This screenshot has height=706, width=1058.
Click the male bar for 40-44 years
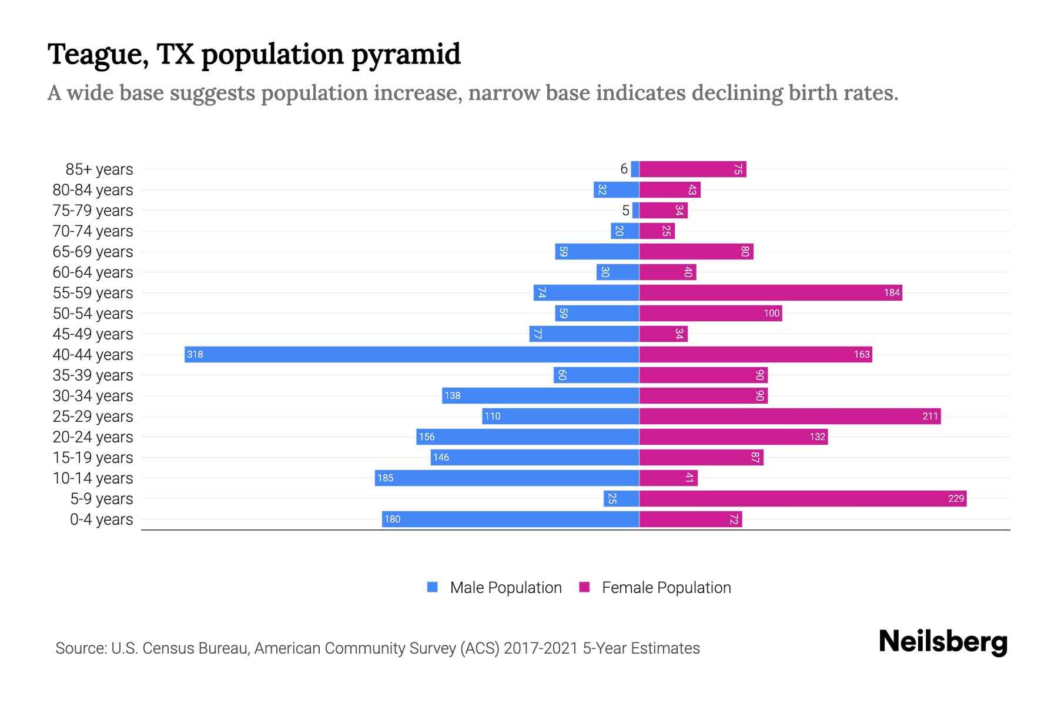coord(411,354)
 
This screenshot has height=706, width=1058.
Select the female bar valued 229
coord(802,498)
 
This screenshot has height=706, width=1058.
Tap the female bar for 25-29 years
coord(789,416)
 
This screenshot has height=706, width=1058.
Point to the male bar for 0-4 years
coord(510,519)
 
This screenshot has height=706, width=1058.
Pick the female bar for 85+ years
coord(692,169)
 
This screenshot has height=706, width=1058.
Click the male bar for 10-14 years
coord(507,478)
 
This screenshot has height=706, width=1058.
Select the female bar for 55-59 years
coord(770,292)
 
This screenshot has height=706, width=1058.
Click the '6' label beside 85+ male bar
coord(624,169)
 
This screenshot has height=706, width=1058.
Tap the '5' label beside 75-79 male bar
coord(625,210)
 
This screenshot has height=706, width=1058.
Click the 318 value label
coord(195,354)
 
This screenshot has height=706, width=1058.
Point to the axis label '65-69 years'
coord(93,252)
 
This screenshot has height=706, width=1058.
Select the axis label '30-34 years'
coord(93,396)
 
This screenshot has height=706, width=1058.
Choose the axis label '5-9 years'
coord(101,499)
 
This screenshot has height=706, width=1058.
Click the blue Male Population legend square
coord(433,587)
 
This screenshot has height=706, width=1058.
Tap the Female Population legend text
coord(666,587)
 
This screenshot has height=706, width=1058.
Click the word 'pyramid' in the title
coord(406,55)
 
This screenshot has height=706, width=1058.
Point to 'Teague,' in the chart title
coord(98,55)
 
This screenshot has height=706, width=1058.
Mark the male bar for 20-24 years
coord(527,437)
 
